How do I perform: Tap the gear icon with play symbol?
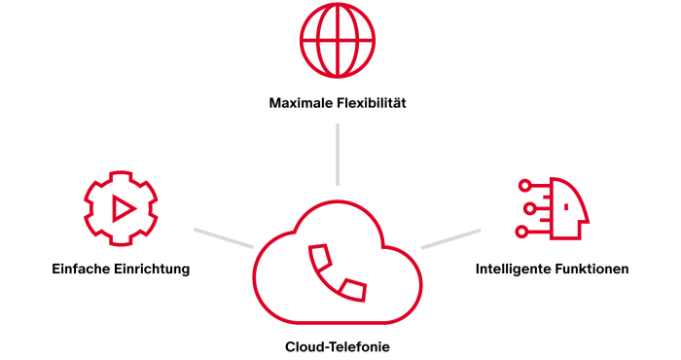pos(121,207)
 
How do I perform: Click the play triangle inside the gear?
pos(123,208)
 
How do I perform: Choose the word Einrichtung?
pos(154,269)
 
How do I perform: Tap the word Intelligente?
pos(515,269)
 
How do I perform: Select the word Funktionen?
pos(592,269)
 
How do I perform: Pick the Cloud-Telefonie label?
pos(338,345)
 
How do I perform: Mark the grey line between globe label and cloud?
pos(337,154)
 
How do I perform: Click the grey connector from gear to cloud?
pos(223,238)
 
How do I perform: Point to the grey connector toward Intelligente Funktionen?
pos(450,238)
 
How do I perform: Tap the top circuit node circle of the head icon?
pos(522,185)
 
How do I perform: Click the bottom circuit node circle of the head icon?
pos(522,232)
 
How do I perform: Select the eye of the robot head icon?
pos(565,206)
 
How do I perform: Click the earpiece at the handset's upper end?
pos(319,257)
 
